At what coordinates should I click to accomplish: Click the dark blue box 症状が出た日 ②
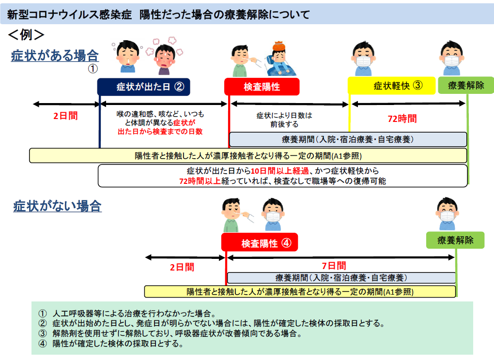click(x=143, y=87)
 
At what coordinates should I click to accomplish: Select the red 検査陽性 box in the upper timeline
click(x=262, y=87)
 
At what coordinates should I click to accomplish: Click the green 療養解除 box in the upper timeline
click(x=465, y=86)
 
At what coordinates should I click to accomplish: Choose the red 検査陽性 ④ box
click(x=260, y=242)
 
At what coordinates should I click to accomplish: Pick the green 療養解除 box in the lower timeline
click(x=455, y=240)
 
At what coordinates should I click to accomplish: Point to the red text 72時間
click(x=402, y=119)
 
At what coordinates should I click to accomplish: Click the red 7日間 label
click(x=334, y=266)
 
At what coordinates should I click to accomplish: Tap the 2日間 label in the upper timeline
click(x=65, y=116)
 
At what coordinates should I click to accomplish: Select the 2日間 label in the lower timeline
click(x=182, y=267)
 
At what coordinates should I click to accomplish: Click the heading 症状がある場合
click(x=55, y=56)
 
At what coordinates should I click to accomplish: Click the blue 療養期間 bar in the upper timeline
click(x=347, y=139)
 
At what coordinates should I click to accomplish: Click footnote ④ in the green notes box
click(x=111, y=345)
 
